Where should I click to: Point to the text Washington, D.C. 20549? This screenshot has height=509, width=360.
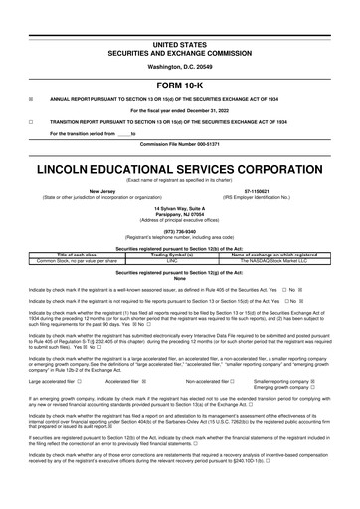click(x=179, y=66)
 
